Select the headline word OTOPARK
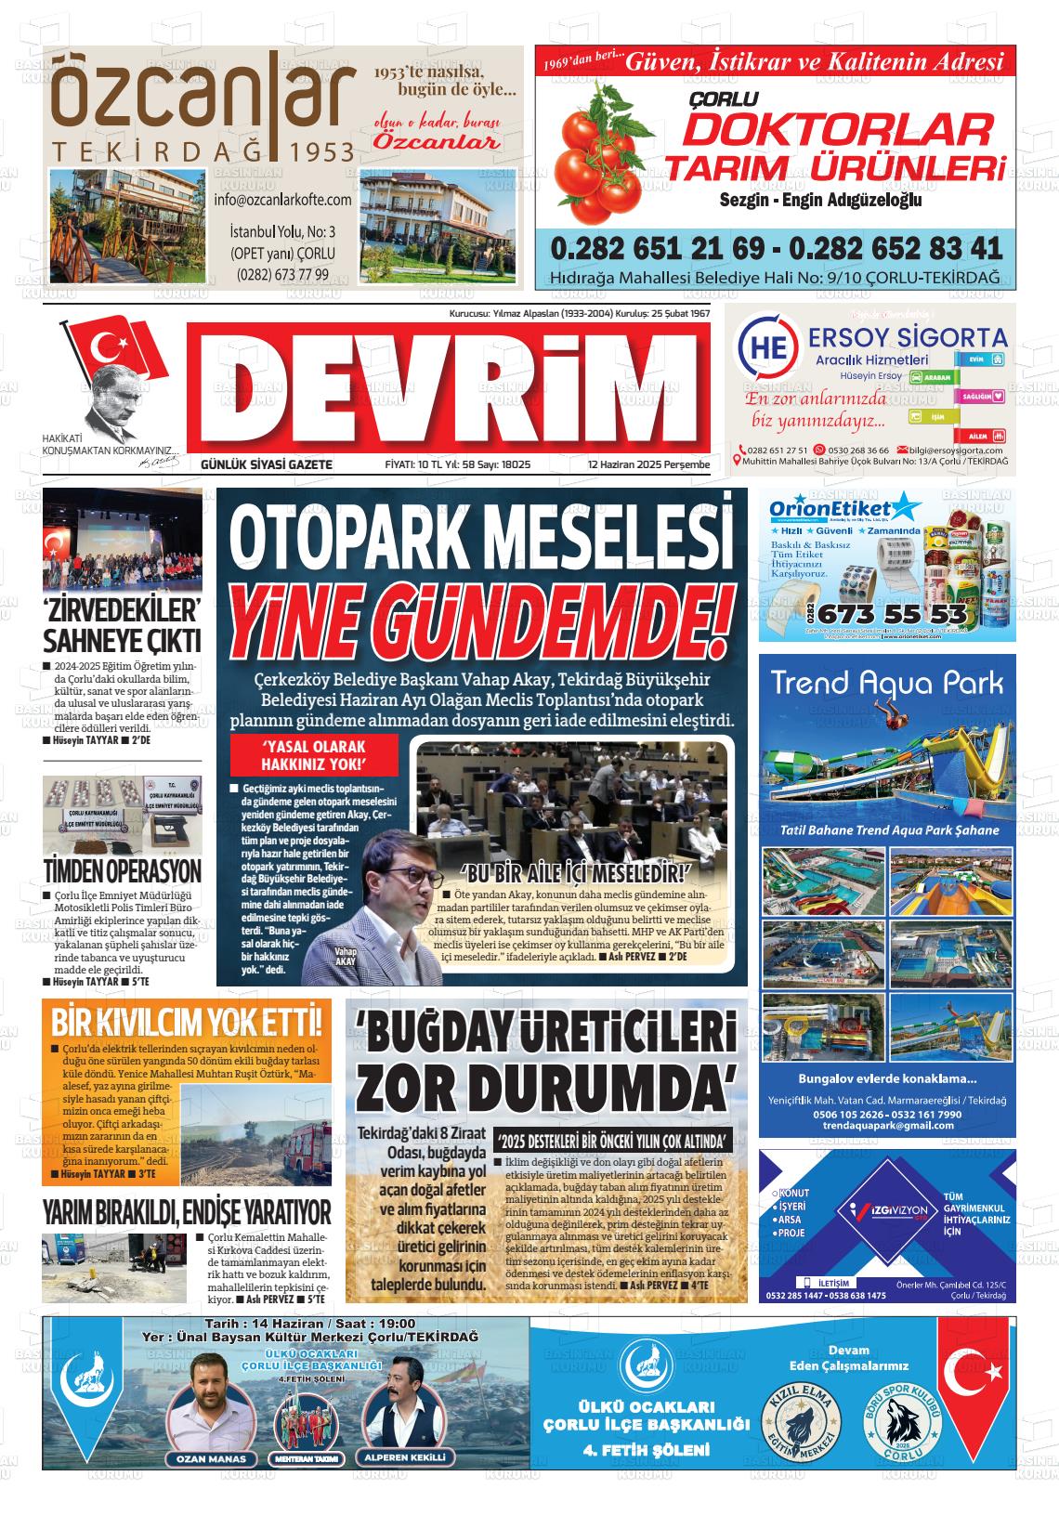click(361, 543)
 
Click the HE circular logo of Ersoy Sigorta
click(767, 347)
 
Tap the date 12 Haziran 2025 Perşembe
click(647, 464)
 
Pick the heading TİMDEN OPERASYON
click(122, 871)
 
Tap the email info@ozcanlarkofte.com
click(282, 200)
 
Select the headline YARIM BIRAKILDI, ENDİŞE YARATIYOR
click(187, 1211)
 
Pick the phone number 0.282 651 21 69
click(657, 249)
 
